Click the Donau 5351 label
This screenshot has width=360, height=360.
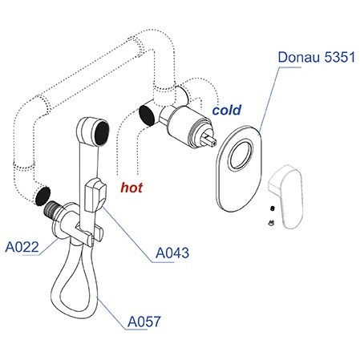point(317,57)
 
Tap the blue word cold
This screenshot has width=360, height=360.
point(227,110)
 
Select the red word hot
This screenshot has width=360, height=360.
point(131,188)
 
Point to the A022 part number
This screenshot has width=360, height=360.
point(22,247)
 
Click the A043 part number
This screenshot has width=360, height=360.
point(172,253)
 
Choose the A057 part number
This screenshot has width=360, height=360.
point(144,322)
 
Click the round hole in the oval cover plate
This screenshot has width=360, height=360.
point(241,155)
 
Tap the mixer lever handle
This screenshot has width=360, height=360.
point(286,196)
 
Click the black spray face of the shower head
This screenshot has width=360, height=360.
point(102,132)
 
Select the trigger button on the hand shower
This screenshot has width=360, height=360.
point(95,195)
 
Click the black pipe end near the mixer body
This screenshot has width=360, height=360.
point(147,115)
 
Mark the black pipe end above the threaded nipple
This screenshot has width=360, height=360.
point(42,196)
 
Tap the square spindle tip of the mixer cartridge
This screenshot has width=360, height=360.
point(211,140)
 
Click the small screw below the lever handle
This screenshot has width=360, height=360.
point(271,222)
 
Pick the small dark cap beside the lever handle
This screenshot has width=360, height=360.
point(273,208)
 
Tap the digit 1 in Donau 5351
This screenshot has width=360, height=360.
point(351,57)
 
